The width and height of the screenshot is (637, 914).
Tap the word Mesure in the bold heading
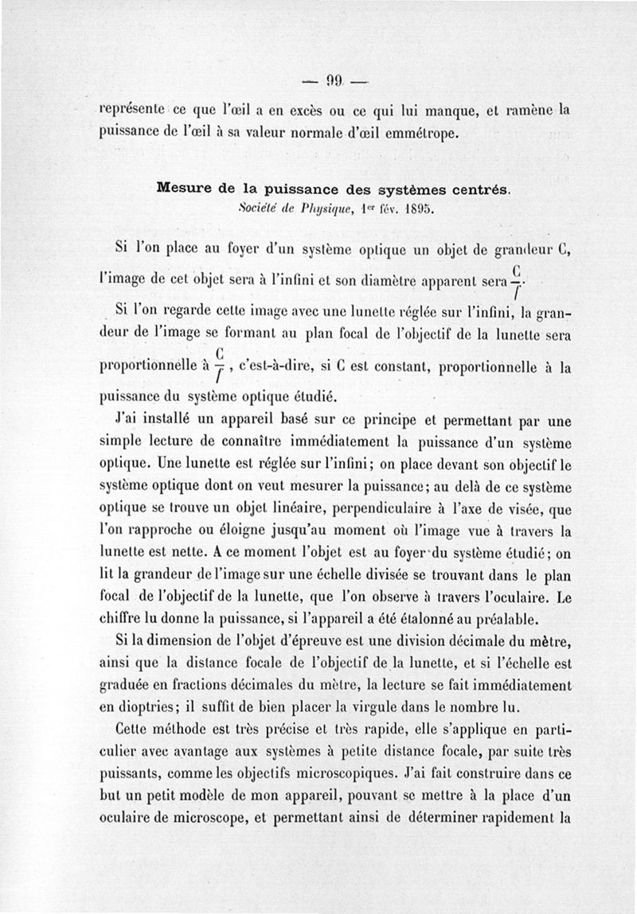point(185,189)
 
